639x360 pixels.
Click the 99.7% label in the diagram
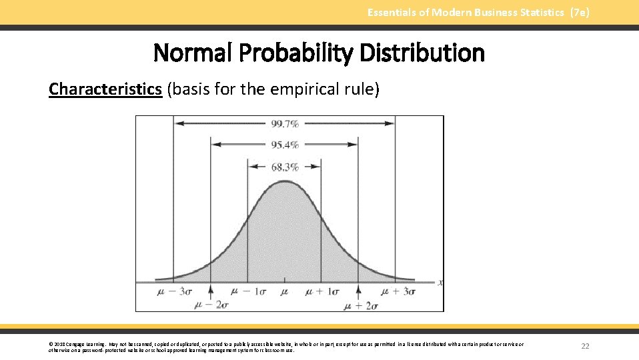coord(285,123)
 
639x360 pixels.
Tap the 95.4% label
coord(285,145)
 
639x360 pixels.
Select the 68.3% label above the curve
coord(285,167)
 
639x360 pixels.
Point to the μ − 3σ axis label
coord(175,291)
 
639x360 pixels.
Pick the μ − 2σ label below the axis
coord(211,305)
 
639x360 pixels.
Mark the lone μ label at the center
coord(285,292)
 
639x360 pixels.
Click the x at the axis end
coord(440,283)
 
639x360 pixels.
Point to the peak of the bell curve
coord(285,181)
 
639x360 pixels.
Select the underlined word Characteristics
coord(105,89)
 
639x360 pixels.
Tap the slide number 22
coord(586,346)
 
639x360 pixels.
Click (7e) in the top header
coord(580,12)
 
